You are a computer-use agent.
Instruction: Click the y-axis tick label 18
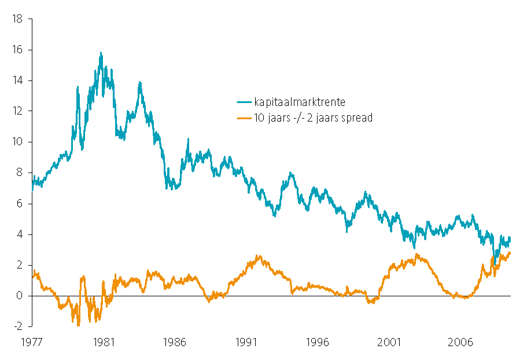click(17, 19)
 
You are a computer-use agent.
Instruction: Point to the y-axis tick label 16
click(17, 50)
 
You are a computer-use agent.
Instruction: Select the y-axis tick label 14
click(17, 80)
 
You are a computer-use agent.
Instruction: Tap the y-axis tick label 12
click(17, 111)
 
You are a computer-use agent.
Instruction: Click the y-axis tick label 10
click(17, 142)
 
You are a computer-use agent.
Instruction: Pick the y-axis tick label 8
click(20, 172)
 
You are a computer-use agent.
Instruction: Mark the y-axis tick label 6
click(20, 204)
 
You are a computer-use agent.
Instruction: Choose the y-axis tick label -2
click(19, 326)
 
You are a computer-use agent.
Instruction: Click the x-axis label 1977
click(32, 341)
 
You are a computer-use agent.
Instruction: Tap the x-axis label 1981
click(104, 341)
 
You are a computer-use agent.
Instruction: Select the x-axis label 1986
click(175, 341)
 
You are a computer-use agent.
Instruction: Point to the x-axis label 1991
click(246, 341)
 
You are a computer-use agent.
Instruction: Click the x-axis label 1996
click(318, 341)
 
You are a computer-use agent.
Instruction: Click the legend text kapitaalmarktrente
click(300, 102)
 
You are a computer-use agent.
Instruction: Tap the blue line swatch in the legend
click(244, 102)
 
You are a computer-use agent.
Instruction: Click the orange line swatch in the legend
click(244, 117)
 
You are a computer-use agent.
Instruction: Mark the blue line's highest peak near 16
click(101, 53)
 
